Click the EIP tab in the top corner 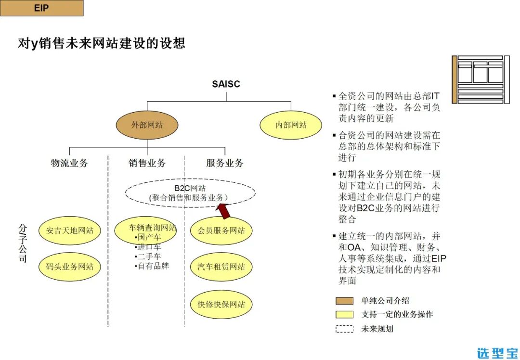tap(41, 8)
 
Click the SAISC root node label tap(226, 84)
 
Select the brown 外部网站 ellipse tap(147, 125)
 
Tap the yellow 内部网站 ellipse tap(291, 125)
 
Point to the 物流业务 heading tap(69, 163)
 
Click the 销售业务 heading tap(147, 163)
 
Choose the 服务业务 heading tap(225, 163)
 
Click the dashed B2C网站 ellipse tap(190, 193)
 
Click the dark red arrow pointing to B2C tap(224, 210)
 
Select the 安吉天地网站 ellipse tap(70, 231)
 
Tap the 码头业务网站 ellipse tap(70, 267)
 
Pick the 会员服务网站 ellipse tap(221, 231)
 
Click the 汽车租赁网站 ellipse tap(221, 267)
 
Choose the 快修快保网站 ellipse tap(221, 304)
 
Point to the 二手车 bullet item tap(149, 257)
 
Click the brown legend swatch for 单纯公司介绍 tap(344, 301)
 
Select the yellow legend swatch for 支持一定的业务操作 tap(344, 315)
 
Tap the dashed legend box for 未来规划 tap(344, 329)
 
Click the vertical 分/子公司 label tap(23, 243)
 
